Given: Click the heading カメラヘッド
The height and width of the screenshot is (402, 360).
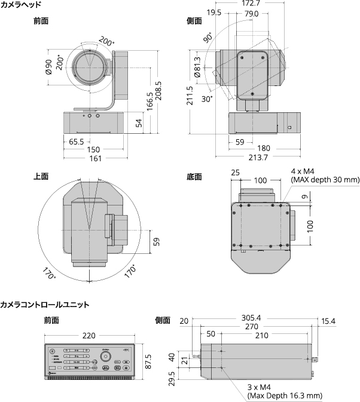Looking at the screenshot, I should (21, 5).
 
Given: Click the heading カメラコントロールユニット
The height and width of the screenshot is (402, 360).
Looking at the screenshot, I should (45, 305).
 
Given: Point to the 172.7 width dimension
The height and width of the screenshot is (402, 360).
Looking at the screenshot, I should (251, 4).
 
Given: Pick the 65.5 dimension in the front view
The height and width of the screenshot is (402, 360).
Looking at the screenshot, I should (75, 142).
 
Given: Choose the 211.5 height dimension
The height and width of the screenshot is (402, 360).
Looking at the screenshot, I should (190, 96).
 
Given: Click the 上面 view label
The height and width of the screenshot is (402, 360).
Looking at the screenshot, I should (41, 176).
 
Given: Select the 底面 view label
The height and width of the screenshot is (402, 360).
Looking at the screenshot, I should (194, 176).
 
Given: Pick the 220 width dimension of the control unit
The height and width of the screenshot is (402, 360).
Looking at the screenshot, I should (89, 336).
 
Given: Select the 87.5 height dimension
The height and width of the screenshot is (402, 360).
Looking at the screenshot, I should (148, 361).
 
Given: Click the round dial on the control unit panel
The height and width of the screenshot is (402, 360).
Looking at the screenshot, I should (106, 357).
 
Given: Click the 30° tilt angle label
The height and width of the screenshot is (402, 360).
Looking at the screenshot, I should (207, 99).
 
